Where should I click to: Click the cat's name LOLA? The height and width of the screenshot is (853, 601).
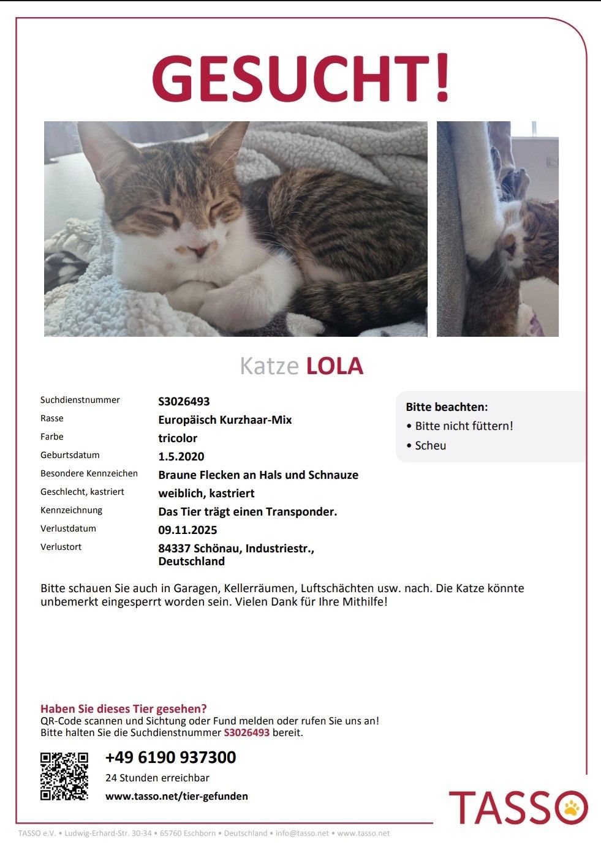tap(335, 366)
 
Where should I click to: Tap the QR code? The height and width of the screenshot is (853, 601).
tap(64, 776)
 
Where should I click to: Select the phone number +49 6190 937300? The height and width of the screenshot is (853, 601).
tap(170, 757)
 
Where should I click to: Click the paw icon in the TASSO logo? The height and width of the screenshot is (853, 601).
tap(572, 807)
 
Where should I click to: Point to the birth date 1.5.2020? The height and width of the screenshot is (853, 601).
tap(181, 456)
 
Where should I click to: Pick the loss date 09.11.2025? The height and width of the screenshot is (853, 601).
tap(187, 530)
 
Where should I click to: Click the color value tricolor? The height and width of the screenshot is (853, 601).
tap(178, 438)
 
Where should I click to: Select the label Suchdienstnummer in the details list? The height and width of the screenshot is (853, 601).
tap(80, 400)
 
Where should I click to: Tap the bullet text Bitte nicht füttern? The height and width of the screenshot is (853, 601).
tap(464, 426)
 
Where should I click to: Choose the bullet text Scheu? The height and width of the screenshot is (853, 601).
tap(430, 445)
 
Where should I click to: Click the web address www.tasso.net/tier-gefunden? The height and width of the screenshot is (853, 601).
tap(176, 796)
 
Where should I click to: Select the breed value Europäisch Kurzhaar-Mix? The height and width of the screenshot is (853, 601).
tap(225, 419)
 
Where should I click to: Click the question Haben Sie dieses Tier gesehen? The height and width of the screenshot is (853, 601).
tap(124, 708)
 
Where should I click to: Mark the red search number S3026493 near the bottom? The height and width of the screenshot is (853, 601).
tap(246, 732)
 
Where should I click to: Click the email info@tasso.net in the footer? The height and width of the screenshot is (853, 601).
tap(302, 833)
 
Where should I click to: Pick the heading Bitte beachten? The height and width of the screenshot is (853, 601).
tap(447, 407)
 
